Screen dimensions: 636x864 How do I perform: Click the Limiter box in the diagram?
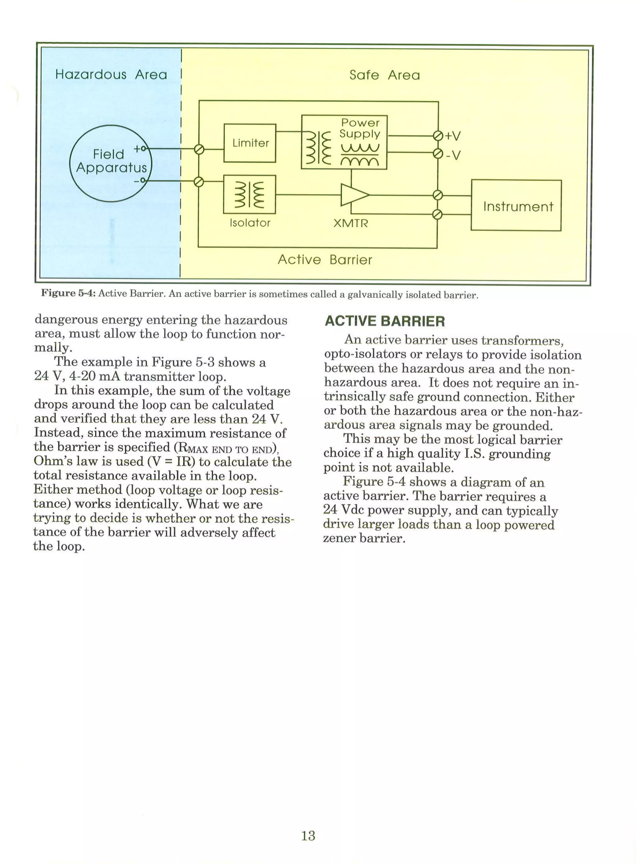(x=250, y=143)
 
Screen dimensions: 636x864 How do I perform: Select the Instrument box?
(x=516, y=205)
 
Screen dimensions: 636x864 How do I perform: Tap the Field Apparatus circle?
(x=111, y=163)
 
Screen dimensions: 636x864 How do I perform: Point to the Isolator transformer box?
(x=249, y=194)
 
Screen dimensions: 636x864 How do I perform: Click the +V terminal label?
(x=453, y=136)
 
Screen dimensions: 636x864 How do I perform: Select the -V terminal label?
(x=453, y=155)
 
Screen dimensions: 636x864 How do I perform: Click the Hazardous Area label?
(x=111, y=74)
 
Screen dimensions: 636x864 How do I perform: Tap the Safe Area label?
(x=384, y=75)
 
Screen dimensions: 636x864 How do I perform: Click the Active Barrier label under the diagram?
(x=325, y=259)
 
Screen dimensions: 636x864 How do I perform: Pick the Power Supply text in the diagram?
(x=360, y=128)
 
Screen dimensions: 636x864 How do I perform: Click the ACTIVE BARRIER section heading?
(x=384, y=321)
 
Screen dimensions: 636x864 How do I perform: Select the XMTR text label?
(x=350, y=223)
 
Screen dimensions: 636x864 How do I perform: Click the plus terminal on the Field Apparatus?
(x=143, y=148)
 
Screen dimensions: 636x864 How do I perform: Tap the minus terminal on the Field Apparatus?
(x=143, y=180)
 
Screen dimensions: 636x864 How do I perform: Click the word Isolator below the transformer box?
(x=250, y=223)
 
